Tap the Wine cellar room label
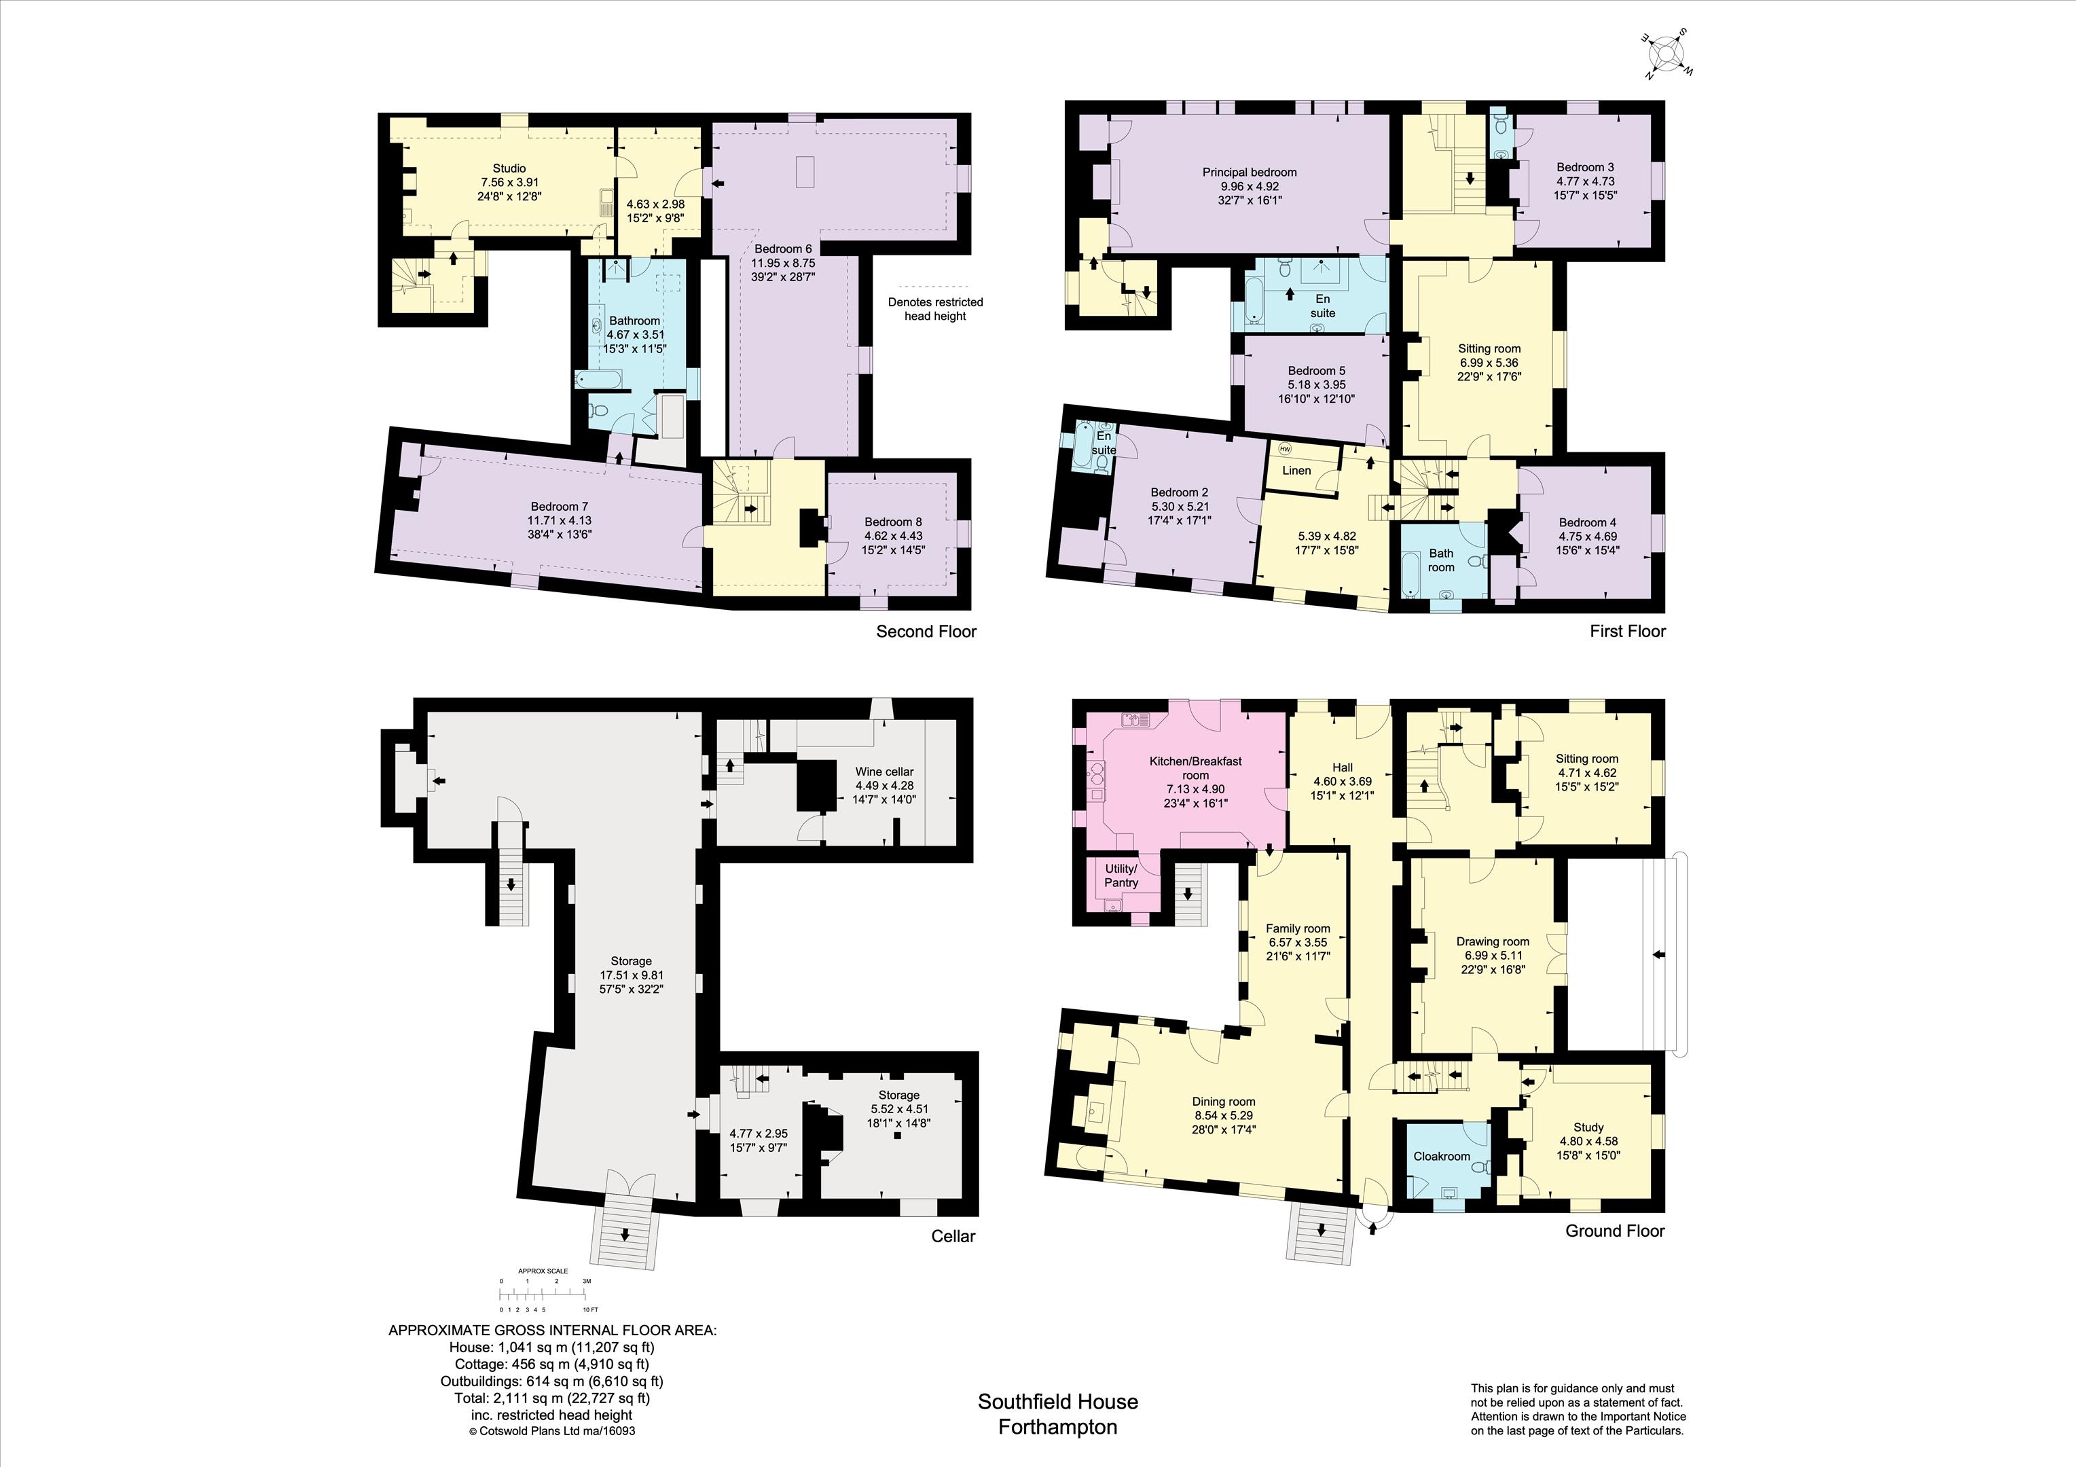[x=884, y=772]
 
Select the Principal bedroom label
[x=1250, y=172]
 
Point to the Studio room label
[x=509, y=168]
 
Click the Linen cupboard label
[x=1296, y=470]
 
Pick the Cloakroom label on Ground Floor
[x=1442, y=1156]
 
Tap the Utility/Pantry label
[x=1121, y=875]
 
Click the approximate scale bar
[x=545, y=1294]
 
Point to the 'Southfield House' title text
[x=1058, y=1401]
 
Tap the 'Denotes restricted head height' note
[x=935, y=308]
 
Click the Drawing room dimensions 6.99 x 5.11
[x=1493, y=955]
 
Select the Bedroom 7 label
[x=560, y=507]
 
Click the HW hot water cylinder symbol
[x=1285, y=448]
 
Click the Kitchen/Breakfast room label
[x=1195, y=768]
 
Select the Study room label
[x=1588, y=1127]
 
